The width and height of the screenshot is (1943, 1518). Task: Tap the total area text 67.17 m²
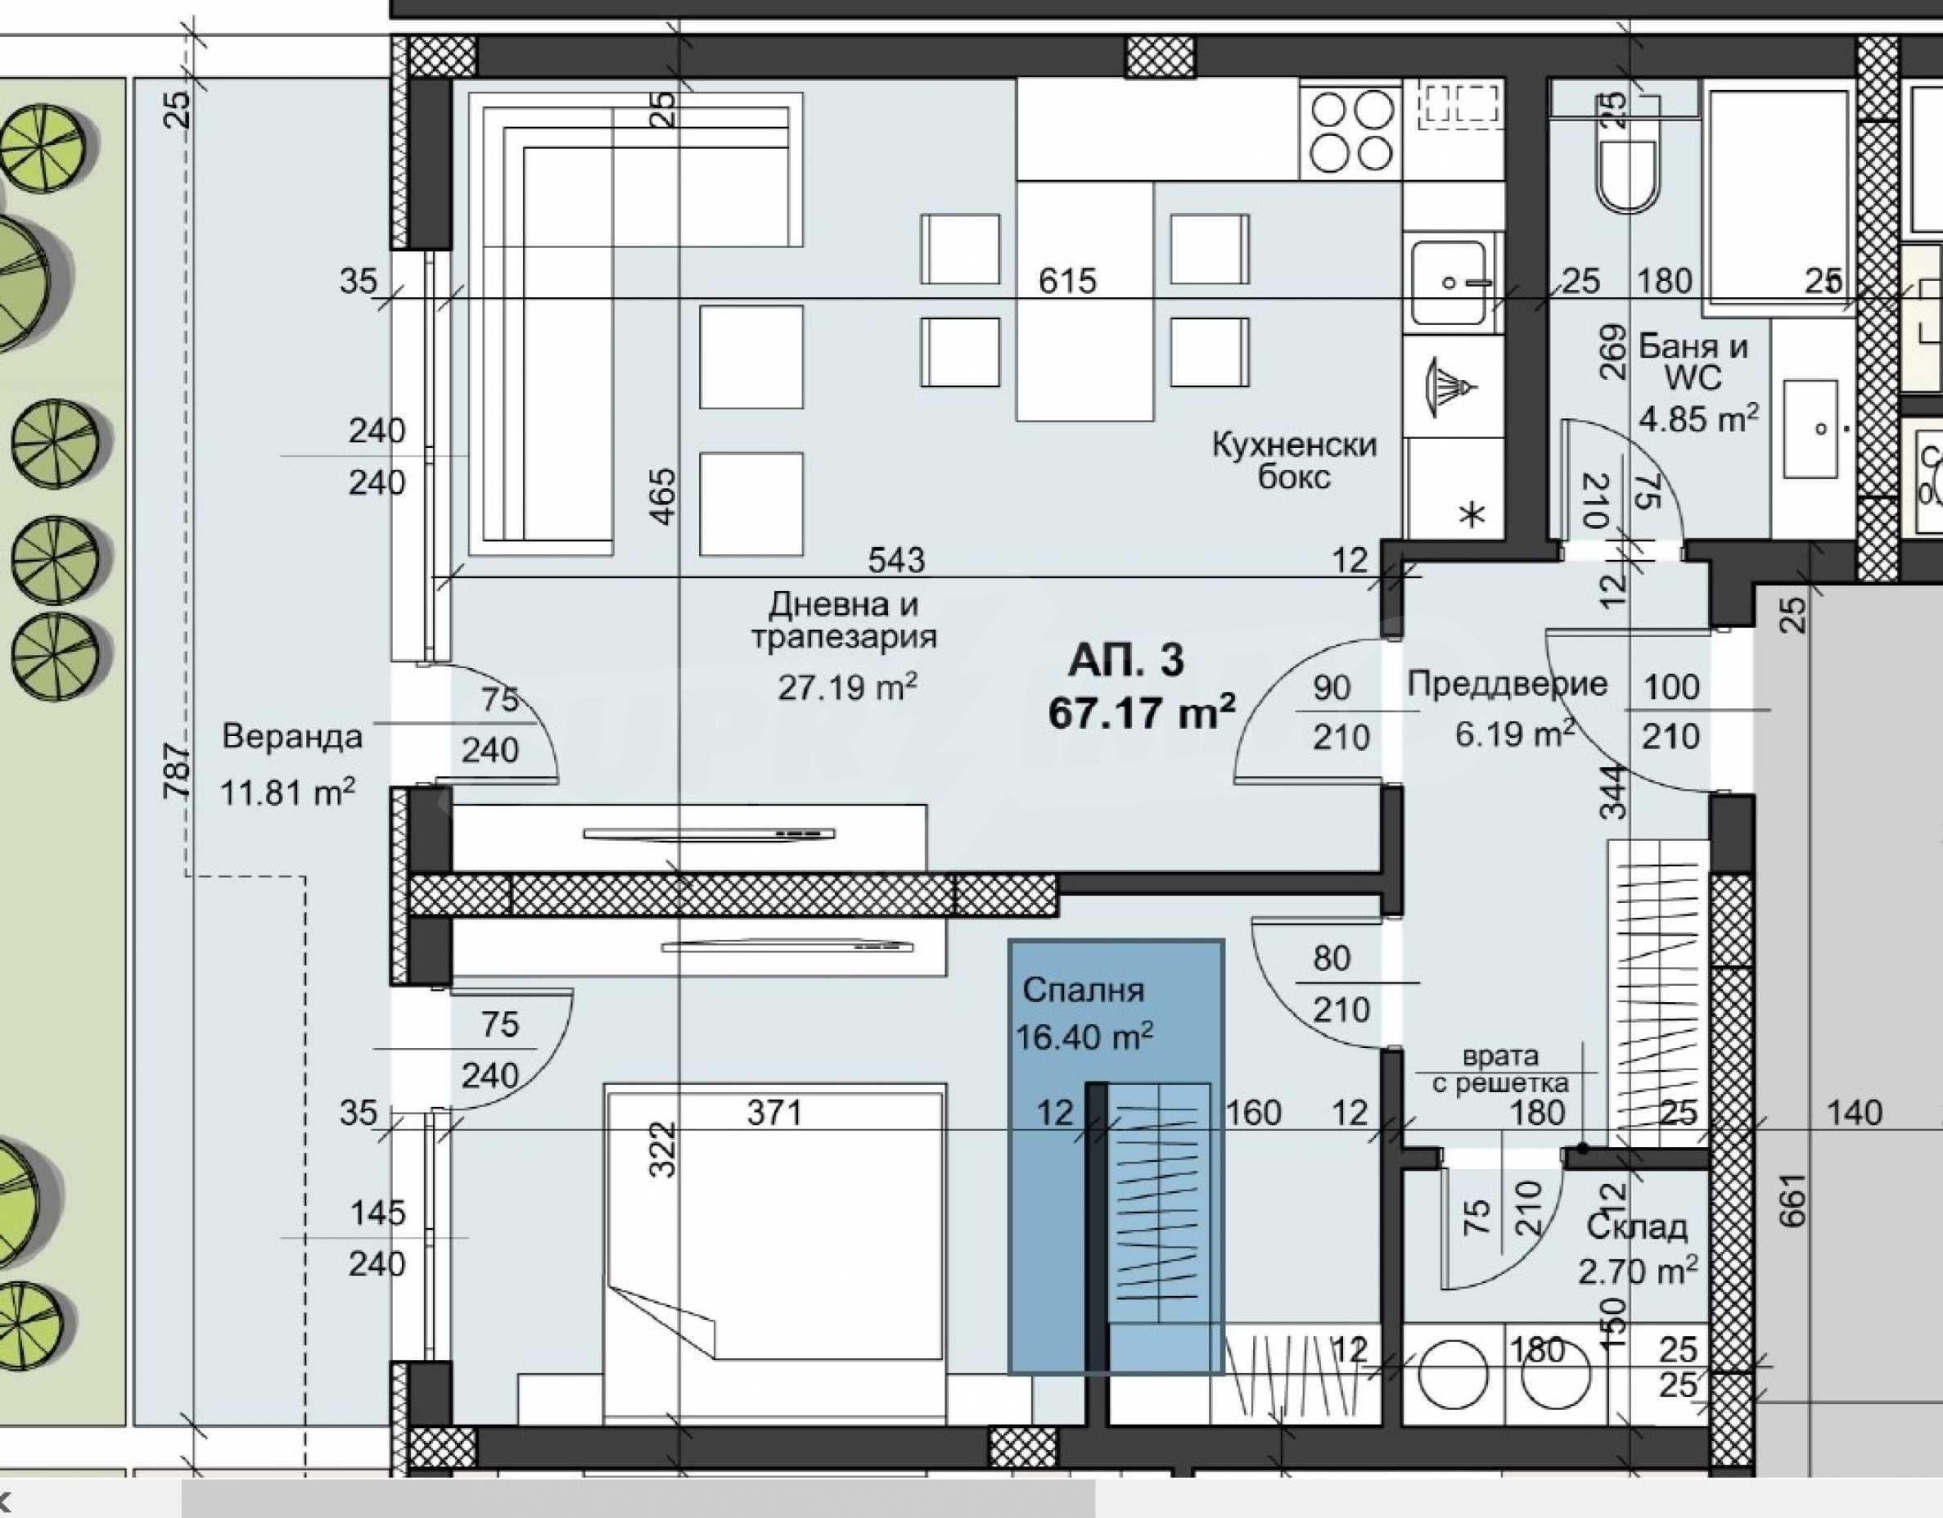tap(1143, 712)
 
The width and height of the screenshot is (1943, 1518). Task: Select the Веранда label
tap(293, 737)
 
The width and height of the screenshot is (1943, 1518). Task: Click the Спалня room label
tap(1084, 991)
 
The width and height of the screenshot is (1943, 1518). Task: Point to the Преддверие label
tap(1508, 684)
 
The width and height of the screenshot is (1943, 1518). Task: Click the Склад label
tap(1637, 1227)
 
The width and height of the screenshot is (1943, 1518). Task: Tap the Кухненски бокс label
tap(1295, 461)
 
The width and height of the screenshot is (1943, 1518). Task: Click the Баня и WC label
tap(1693, 362)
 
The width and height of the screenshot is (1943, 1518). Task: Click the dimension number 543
tap(896, 560)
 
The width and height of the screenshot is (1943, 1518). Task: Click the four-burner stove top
tap(1350, 133)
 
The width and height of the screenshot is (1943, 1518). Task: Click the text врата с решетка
tap(1500, 1069)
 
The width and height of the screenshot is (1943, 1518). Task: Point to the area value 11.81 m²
tap(287, 791)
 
